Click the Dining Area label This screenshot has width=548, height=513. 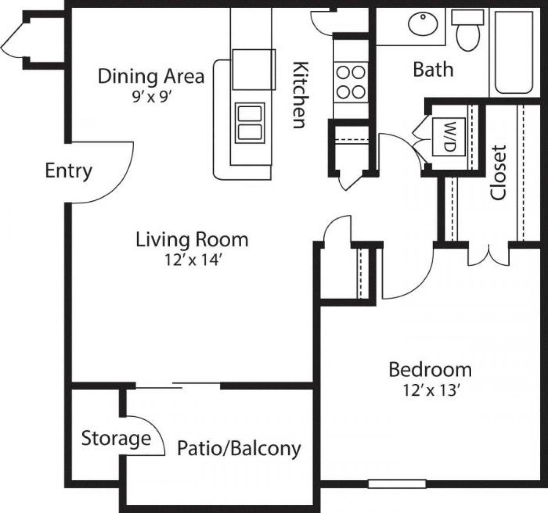click(151, 76)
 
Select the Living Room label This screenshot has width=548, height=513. click(192, 240)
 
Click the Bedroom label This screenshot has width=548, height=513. click(430, 369)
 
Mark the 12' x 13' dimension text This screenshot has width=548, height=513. click(430, 391)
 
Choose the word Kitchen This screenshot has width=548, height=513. click(299, 94)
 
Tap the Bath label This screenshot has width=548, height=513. click(433, 70)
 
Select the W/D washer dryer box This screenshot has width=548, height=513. click(448, 137)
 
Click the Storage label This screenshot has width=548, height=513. click(116, 439)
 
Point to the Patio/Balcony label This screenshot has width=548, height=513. click(239, 448)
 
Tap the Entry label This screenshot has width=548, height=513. click(68, 171)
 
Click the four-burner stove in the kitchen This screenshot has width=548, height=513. click(350, 82)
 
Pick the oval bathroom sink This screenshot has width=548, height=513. click(423, 24)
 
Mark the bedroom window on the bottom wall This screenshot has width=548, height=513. click(397, 483)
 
